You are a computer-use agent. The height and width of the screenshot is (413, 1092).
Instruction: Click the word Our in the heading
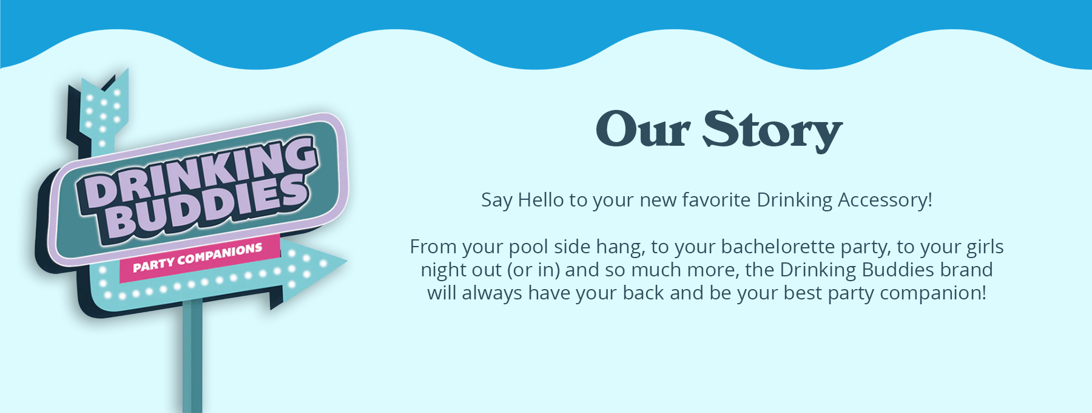pos(643,129)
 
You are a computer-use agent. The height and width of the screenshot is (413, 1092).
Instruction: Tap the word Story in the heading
pos(772,131)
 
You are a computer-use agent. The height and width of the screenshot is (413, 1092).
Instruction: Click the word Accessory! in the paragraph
pos(885,200)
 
